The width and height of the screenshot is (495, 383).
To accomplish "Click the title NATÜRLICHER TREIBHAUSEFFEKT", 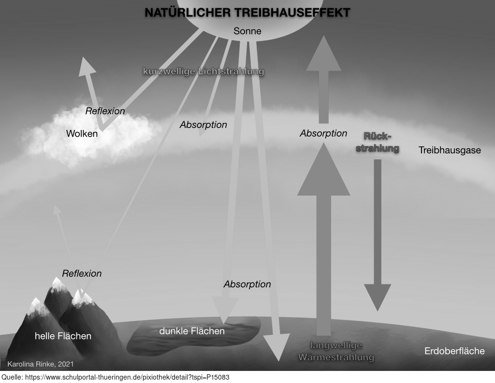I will point(247,13).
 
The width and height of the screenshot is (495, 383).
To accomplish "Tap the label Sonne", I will point(247,31).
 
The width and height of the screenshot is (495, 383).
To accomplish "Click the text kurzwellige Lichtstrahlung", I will point(204,71).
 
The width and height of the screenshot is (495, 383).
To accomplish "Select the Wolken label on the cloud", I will point(82,133).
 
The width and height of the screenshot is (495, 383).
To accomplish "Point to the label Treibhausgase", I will point(450,150).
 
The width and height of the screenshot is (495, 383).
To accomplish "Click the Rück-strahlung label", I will point(378,142).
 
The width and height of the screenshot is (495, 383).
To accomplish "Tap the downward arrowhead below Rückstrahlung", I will point(377,298).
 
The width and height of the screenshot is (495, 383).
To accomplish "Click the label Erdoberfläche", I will point(454,351).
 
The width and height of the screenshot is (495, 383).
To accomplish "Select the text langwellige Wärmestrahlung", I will point(336,352).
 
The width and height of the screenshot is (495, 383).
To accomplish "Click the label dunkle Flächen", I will point(192,331).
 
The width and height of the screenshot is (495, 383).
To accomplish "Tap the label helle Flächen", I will point(63,336).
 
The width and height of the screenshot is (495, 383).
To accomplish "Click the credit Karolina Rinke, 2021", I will point(41,363).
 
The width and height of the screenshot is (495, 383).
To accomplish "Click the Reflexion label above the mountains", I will point(82,273).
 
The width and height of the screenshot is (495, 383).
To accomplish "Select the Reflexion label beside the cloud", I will point(105,111).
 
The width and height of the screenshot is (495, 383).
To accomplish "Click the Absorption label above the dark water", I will point(247,284).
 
